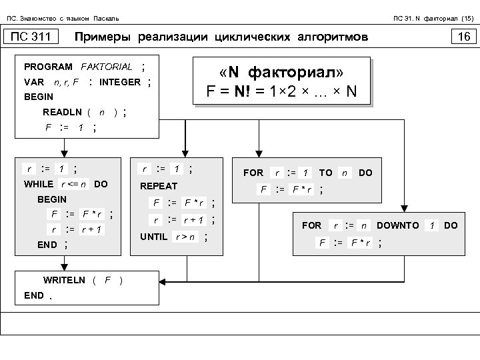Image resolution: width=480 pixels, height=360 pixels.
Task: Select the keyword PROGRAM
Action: [48, 67]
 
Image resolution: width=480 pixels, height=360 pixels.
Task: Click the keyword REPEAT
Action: [159, 187]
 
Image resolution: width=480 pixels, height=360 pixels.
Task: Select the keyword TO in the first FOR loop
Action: [325, 172]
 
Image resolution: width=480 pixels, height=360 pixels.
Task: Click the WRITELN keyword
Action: [64, 280]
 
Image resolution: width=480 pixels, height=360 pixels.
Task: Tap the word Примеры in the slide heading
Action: [104, 37]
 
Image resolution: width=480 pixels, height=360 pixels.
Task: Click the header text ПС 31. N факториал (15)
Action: [433, 17]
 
